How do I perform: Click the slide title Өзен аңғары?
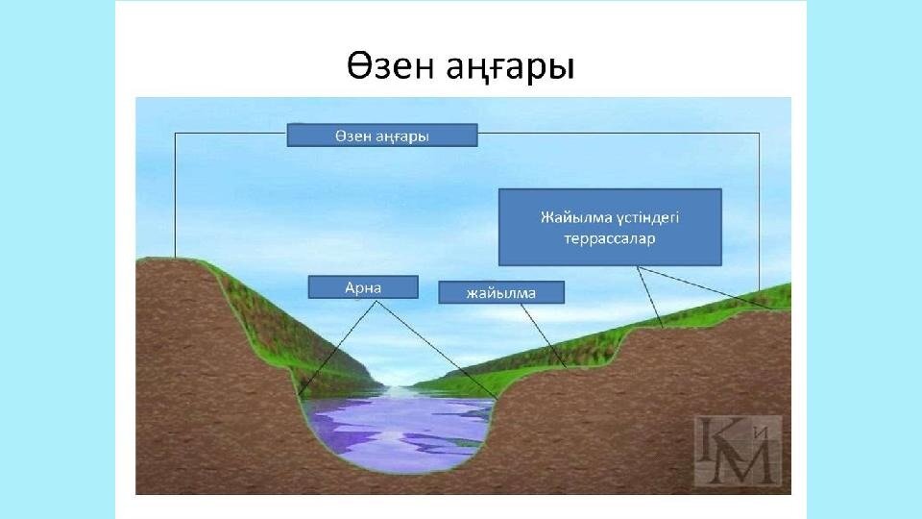pyautogui.click(x=460, y=67)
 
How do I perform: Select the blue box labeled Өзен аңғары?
pyautogui.click(x=382, y=136)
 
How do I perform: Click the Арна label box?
pyautogui.click(x=363, y=287)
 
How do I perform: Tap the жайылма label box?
pyautogui.click(x=501, y=292)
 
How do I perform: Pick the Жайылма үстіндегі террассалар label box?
pyautogui.click(x=610, y=227)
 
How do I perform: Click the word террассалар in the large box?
pyautogui.click(x=610, y=239)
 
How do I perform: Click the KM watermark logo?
pyautogui.click(x=738, y=452)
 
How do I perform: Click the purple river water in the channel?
pyautogui.click(x=400, y=432)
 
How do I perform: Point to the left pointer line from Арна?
pyautogui.click(x=337, y=348)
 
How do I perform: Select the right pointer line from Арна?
pyautogui.click(x=437, y=351)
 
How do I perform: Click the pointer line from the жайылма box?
pyautogui.click(x=544, y=336)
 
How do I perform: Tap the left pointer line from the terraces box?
pyautogui.click(x=650, y=297)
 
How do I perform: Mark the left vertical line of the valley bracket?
pyautogui.click(x=175, y=195)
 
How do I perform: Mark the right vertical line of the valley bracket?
pyautogui.click(x=759, y=211)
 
